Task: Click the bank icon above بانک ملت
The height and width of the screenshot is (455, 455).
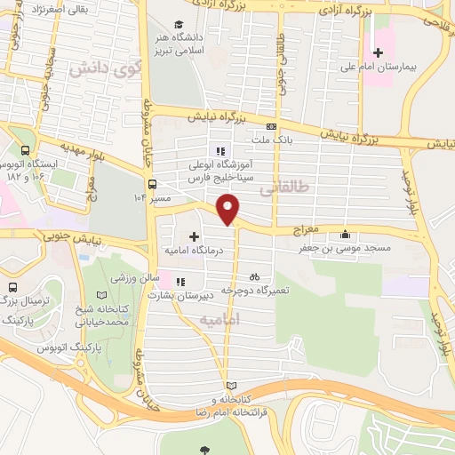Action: pyautogui.click(x=272, y=126)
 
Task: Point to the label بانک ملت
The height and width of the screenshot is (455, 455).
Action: pyautogui.click(x=272, y=140)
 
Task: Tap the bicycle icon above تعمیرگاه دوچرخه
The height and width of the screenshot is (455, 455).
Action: pyautogui.click(x=255, y=276)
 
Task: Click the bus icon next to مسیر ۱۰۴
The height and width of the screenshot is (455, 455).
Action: pyautogui.click(x=153, y=184)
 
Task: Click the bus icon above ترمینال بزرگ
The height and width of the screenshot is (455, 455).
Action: pyautogui.click(x=12, y=288)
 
